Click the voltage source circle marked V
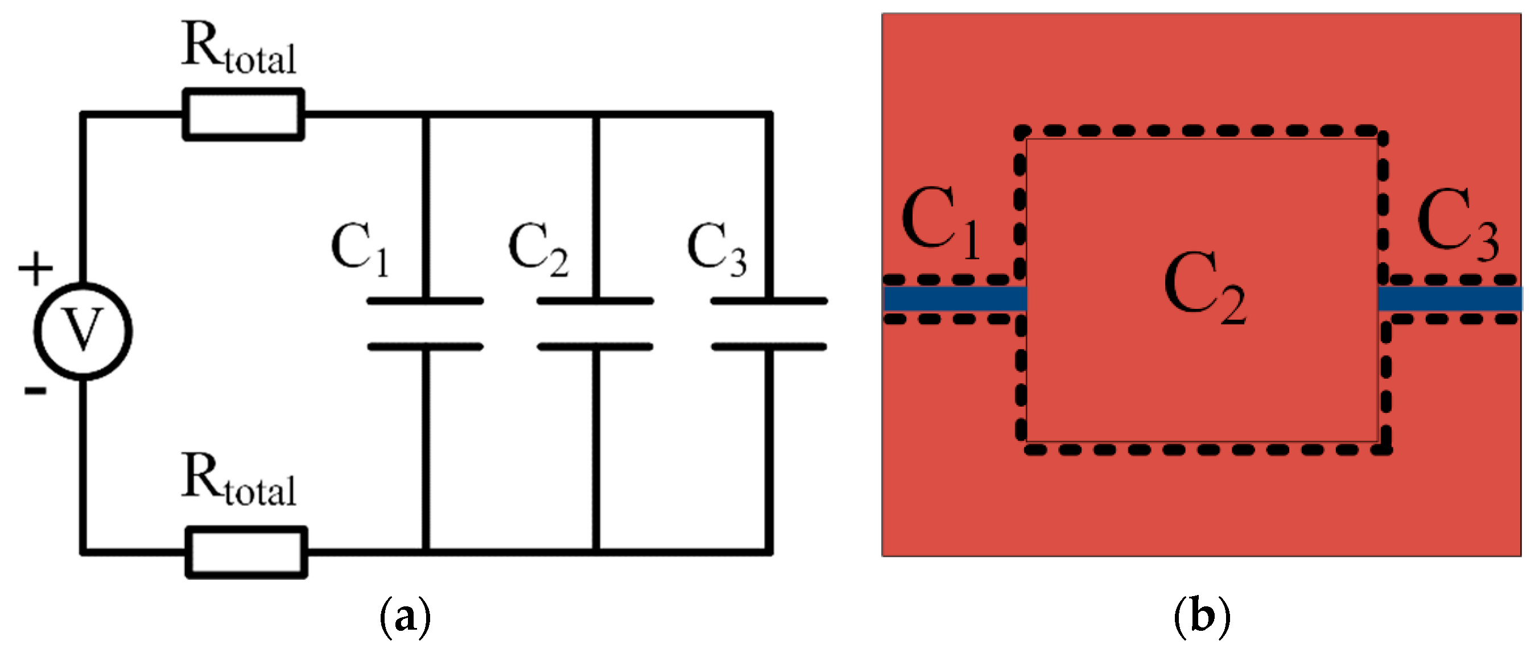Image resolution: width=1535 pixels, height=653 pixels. tap(84, 330)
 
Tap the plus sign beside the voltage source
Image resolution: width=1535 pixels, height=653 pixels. tap(35, 268)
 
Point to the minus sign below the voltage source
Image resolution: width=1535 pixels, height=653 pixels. tap(35, 391)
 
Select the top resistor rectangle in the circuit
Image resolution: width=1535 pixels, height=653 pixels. tap(243, 114)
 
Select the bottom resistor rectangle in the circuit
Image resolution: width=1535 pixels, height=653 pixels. tap(246, 552)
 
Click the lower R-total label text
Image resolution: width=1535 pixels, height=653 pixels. tap(238, 480)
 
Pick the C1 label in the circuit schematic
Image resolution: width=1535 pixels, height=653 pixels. tap(360, 249)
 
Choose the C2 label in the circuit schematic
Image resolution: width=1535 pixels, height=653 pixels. tap(538, 249)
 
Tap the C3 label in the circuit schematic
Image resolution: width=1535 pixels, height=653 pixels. tap(716, 249)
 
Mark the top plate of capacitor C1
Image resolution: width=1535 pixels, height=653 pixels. tap(425, 301)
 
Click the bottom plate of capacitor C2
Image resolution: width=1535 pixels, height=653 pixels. tap(595, 347)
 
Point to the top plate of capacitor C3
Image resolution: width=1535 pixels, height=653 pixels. tap(769, 301)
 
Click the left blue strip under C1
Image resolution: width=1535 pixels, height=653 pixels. tap(955, 299)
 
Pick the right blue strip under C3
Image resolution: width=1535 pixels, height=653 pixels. tap(1450, 299)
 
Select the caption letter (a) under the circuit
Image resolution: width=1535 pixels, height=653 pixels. tap(405, 618)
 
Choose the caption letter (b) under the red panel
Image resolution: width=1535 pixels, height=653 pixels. tap(1201, 618)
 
